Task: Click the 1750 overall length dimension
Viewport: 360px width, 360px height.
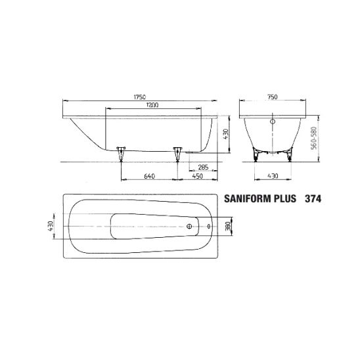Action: [139, 97]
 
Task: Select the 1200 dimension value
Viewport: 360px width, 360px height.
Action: [152, 105]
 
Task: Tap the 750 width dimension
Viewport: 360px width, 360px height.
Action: [272, 97]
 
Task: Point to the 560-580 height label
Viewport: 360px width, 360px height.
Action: [314, 138]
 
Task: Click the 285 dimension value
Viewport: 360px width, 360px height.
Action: [203, 167]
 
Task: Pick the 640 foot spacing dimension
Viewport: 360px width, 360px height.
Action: [150, 176]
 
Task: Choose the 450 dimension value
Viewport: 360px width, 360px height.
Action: [198, 176]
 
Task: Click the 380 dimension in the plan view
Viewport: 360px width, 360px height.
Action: [228, 226]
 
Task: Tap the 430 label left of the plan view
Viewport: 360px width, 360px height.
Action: [51, 226]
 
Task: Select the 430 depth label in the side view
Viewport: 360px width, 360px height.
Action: [226, 134]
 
